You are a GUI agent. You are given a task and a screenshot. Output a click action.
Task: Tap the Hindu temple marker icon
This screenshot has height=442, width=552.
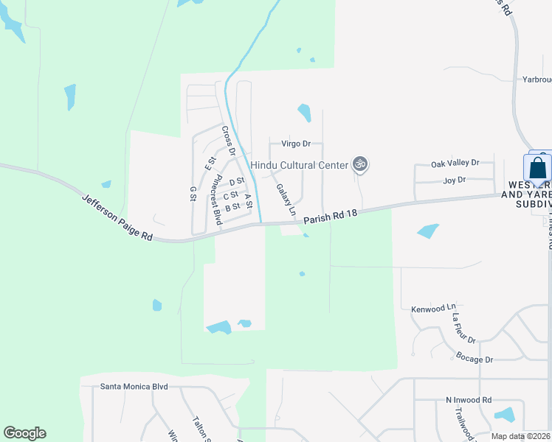[x=360, y=164]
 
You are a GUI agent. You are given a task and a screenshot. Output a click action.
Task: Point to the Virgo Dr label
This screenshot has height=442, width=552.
[x=296, y=144]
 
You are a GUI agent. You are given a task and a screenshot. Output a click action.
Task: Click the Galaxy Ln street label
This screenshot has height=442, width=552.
[x=286, y=200]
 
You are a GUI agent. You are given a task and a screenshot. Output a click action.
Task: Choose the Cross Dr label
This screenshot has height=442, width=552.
[x=228, y=141]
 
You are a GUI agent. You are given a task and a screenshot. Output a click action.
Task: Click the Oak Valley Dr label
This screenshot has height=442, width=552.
[x=455, y=163]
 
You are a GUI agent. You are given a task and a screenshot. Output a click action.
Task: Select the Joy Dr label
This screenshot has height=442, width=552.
[x=455, y=180]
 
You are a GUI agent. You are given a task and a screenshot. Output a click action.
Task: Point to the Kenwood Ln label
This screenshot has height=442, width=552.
[x=434, y=311]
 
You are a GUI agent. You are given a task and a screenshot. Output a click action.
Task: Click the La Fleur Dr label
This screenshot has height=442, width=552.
[x=464, y=329]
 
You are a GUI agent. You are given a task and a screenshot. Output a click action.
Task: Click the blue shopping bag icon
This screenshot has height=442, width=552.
[x=538, y=168]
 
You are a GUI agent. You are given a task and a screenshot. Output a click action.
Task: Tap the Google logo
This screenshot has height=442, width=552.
[x=24, y=433]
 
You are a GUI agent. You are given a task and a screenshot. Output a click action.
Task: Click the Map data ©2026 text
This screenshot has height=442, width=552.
[x=521, y=436]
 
